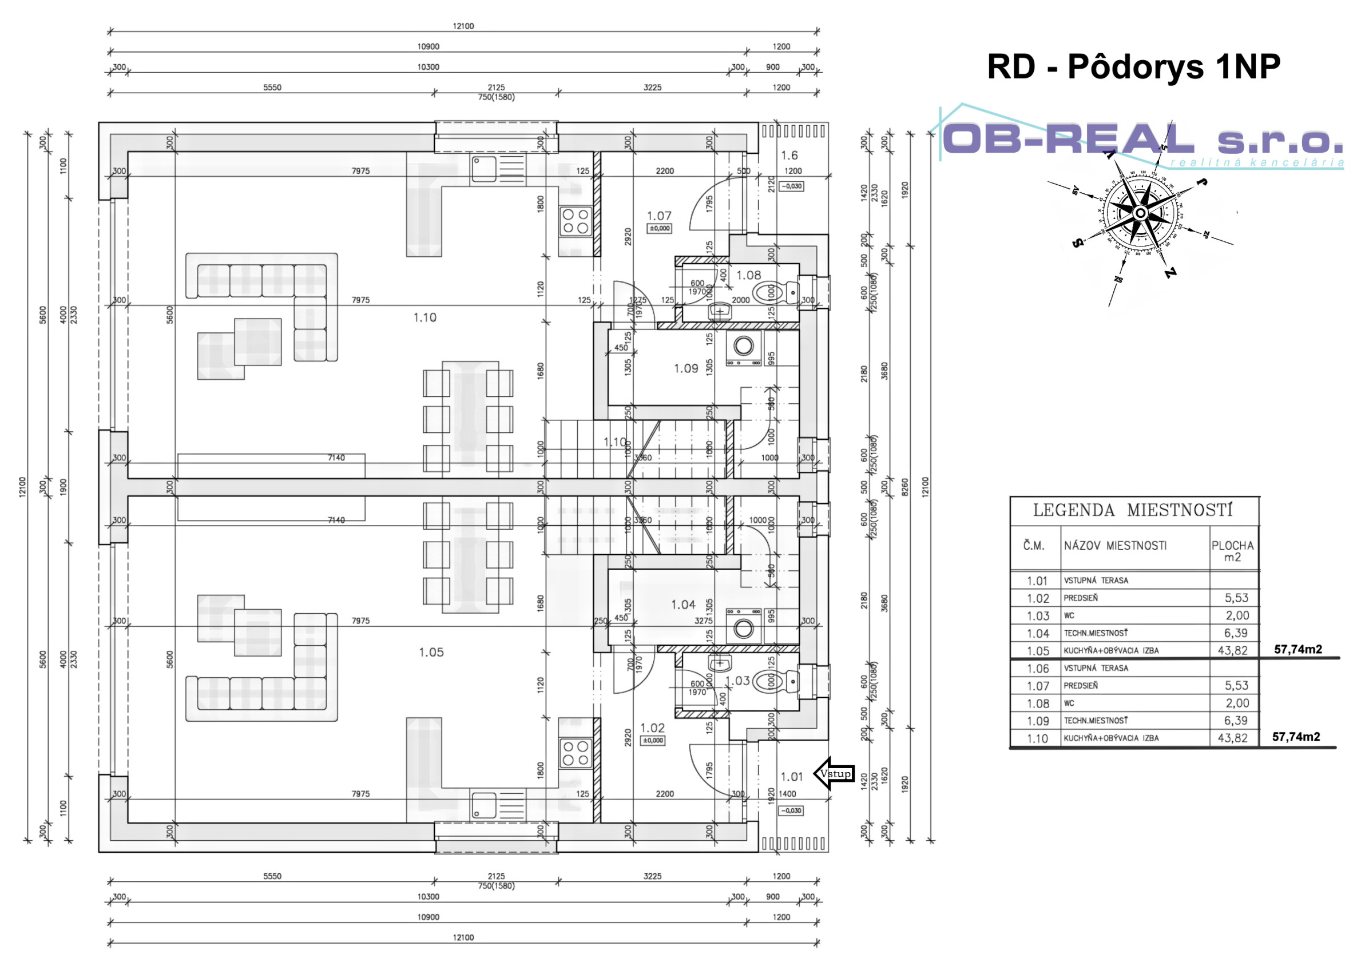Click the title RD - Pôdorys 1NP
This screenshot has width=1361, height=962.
coord(1133,66)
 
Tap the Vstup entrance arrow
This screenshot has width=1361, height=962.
coord(834,773)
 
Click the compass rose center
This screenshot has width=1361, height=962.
coord(1141,213)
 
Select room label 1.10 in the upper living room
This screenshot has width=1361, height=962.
coord(424,317)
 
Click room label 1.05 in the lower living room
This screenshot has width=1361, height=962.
coord(431,652)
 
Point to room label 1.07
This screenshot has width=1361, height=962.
coord(658,216)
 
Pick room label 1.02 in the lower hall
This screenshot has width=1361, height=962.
coord(652,728)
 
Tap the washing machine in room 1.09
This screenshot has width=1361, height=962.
coord(743,345)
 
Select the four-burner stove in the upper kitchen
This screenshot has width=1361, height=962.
coord(575,221)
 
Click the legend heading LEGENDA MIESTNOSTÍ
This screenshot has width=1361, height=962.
coord(1133,510)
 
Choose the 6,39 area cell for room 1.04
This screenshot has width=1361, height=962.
coord(1235,633)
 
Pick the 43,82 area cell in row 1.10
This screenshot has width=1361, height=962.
coord(1232,738)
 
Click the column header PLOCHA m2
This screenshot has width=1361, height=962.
coord(1232,551)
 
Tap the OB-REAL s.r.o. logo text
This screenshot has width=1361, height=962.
coord(1141,140)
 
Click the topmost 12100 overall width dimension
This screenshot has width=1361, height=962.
coord(463,26)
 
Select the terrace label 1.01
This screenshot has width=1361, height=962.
coord(791,777)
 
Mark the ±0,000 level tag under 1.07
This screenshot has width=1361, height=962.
coord(659,228)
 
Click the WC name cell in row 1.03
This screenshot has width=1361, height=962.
coord(1069,616)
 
